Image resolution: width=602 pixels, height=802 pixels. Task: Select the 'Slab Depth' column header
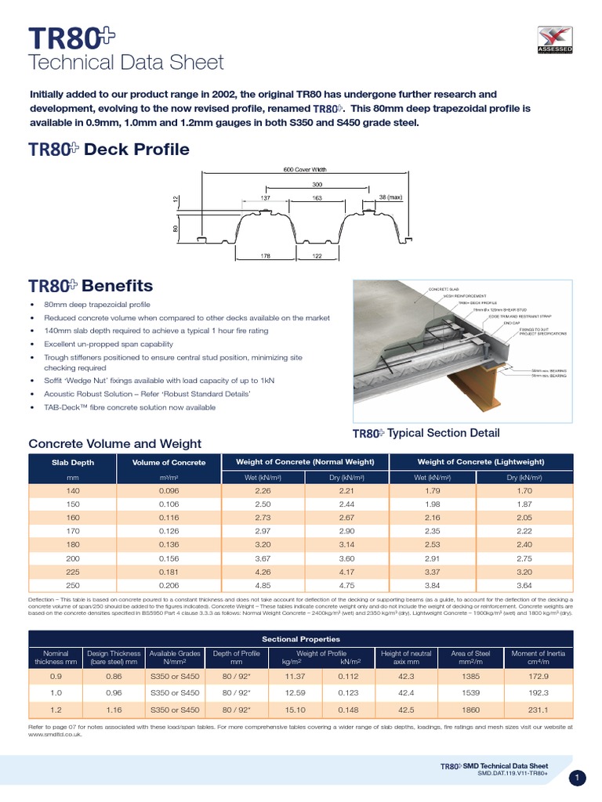click(72, 462)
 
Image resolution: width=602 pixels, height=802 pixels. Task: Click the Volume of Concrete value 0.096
click(169, 491)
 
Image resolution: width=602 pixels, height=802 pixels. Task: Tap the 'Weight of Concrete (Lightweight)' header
click(481, 461)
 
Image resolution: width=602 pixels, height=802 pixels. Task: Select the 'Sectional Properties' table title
click(300, 639)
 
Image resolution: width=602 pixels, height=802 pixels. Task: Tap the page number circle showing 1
click(577, 778)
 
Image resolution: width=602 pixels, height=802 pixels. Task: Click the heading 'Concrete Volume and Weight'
click(114, 444)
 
